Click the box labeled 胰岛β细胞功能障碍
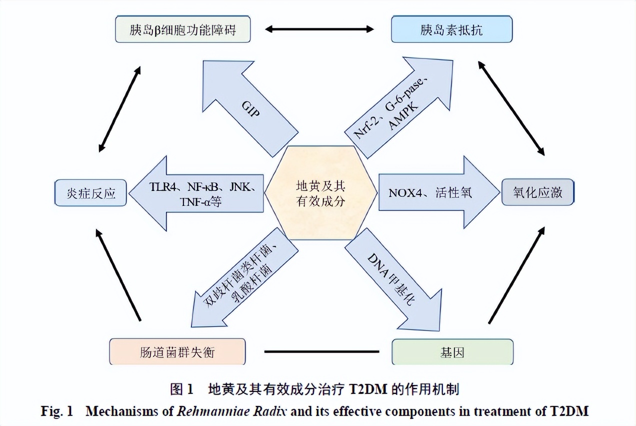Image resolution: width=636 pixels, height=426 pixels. tap(182, 29)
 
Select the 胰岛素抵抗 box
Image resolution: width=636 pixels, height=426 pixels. tap(452, 29)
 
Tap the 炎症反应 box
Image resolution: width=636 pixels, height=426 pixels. tap(90, 193)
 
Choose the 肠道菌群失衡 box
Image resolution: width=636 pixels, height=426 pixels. tap(177, 352)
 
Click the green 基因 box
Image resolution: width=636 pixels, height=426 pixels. tap(452, 352)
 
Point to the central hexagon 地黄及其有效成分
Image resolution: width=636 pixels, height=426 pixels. tap(320, 192)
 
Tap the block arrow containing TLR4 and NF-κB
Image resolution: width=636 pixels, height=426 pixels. tap(200, 193)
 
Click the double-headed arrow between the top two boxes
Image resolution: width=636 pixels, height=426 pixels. tap(319, 29)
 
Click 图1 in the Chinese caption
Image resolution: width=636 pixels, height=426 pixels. tap(181, 388)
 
